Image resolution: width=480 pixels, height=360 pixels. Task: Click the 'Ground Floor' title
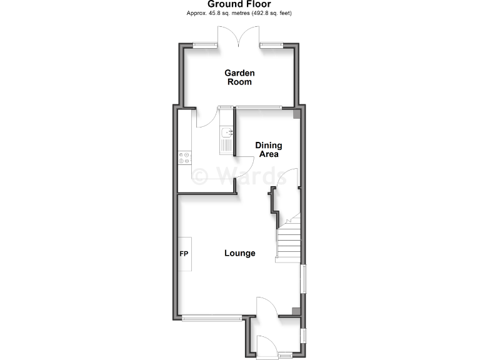tap(239, 4)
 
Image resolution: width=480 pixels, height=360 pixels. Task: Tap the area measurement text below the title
tap(239, 13)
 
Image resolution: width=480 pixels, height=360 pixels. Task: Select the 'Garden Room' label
tap(239, 77)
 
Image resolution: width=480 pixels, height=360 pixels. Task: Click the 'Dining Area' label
tap(267, 149)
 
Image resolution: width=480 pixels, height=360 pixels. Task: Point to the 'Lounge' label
tap(240, 253)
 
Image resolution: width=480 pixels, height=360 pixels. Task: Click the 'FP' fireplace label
tap(184, 254)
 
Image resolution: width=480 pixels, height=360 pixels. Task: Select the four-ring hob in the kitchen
tap(185, 158)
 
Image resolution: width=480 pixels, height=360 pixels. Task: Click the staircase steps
tap(288, 244)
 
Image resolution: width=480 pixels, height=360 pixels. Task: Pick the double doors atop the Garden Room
tap(239, 39)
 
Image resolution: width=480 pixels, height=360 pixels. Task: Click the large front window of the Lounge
tap(212, 318)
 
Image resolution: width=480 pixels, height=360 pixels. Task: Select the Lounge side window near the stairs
tap(304, 279)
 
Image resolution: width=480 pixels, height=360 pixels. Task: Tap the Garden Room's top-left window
tap(202, 44)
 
